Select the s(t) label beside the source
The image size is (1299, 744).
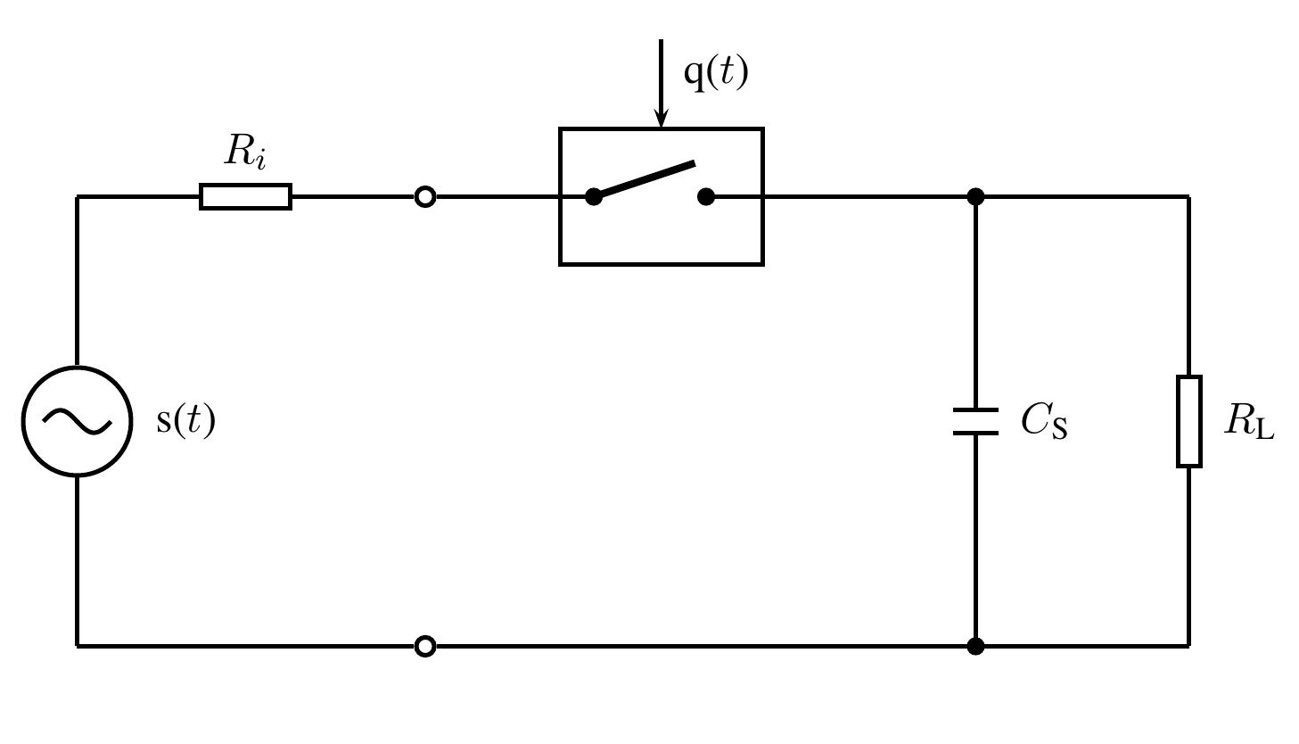coord(185,420)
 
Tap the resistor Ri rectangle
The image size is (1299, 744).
coord(245,196)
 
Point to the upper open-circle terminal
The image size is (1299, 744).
coord(425,196)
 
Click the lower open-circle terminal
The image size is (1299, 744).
coord(425,645)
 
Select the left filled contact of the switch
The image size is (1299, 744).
coord(594,196)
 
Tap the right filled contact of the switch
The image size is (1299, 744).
coord(706,196)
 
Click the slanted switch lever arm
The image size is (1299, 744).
coord(647,178)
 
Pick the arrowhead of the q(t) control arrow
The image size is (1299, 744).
coord(661,118)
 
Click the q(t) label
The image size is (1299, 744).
coord(715,72)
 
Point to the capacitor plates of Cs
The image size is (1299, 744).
coord(975,421)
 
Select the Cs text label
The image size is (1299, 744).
coord(1044,420)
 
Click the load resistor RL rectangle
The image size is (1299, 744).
coord(1188,421)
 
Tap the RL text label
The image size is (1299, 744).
coord(1249,420)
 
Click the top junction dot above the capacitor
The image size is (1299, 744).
coord(975,196)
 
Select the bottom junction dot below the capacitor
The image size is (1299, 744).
coord(975,645)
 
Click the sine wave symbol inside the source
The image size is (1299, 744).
coord(78,422)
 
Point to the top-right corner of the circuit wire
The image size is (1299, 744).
coord(1188,196)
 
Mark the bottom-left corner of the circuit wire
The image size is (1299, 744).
coord(78,645)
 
